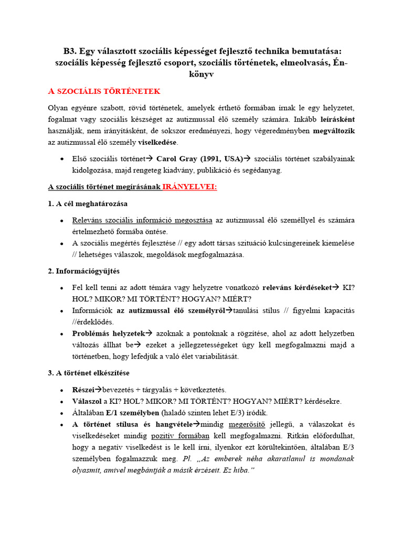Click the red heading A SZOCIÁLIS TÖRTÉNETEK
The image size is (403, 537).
tap(104, 91)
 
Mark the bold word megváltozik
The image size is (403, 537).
tap(334, 131)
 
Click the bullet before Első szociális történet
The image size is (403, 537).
tap(62, 159)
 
